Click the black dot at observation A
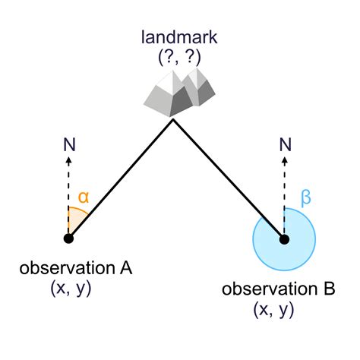(x=68, y=238)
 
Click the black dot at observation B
(x=284, y=239)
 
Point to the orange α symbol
(x=84, y=196)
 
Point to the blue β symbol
(x=306, y=199)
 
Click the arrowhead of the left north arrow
(x=68, y=160)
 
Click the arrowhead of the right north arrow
(x=284, y=160)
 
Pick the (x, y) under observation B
(x=273, y=310)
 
